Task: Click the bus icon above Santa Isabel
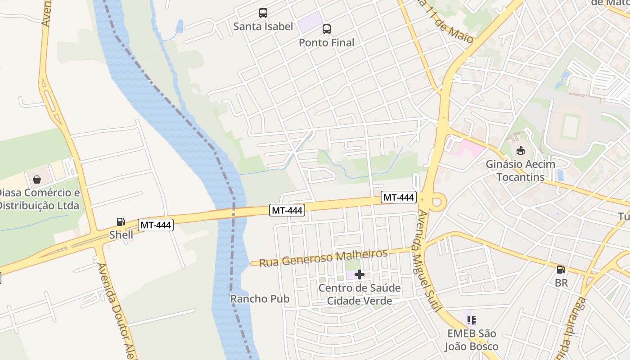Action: [263, 13]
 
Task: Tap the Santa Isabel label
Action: [263, 27]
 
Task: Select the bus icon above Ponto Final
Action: [327, 29]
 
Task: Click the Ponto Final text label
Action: [327, 43]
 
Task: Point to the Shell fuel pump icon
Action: [121, 221]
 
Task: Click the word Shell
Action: [121, 235]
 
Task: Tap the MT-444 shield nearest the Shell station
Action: [156, 225]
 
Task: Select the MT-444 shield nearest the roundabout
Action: [399, 197]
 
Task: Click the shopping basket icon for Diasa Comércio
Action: [37, 179]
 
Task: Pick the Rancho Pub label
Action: [260, 299]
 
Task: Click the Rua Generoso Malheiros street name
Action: [323, 258]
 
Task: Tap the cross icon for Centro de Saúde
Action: [359, 274]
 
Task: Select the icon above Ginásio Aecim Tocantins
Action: [521, 151]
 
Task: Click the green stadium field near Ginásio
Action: [571, 127]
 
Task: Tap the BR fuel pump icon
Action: [561, 270]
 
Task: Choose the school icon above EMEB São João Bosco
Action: [471, 320]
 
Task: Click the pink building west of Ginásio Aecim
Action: [466, 148]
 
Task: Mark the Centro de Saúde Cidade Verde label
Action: [359, 294]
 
